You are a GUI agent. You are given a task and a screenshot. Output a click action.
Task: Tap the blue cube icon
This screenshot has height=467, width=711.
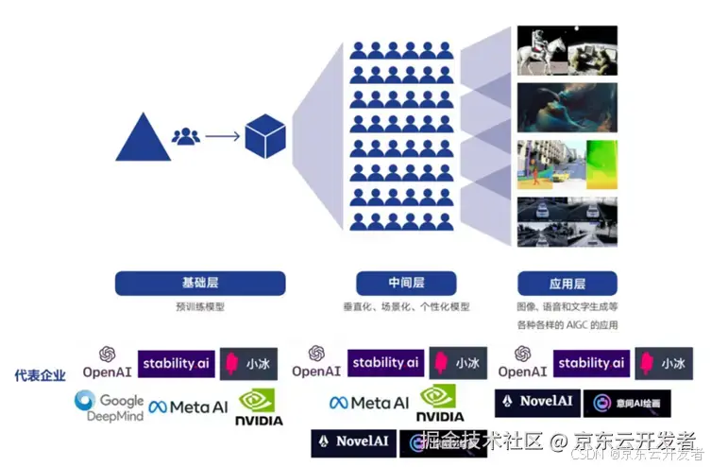click(265, 136)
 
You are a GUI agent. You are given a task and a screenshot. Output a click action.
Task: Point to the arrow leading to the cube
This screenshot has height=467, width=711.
click(222, 136)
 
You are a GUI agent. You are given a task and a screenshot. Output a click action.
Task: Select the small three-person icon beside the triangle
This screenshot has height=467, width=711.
click(186, 136)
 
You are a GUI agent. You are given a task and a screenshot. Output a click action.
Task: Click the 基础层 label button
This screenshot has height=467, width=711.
click(199, 283)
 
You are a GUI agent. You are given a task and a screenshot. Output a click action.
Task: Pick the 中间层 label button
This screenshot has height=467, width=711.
click(405, 283)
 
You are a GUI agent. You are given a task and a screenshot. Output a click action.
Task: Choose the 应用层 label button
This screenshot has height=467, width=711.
click(567, 283)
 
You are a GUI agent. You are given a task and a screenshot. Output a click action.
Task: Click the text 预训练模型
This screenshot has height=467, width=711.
click(199, 306)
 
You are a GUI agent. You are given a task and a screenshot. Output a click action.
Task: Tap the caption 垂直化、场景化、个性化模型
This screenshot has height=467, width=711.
click(405, 306)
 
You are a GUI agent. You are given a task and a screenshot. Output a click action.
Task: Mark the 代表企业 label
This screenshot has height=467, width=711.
click(40, 375)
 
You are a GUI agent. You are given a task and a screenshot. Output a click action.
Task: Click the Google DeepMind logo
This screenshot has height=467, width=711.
click(109, 406)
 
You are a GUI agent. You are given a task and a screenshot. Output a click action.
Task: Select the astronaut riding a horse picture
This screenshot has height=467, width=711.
click(567, 50)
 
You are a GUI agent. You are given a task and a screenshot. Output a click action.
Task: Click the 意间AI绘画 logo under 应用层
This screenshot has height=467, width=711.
click(626, 403)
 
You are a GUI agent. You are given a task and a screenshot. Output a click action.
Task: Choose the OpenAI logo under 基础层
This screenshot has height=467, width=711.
click(107, 363)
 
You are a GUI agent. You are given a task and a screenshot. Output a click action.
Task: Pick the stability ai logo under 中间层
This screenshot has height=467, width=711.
click(384, 362)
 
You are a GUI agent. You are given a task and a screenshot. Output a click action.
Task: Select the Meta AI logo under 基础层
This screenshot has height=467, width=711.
click(188, 406)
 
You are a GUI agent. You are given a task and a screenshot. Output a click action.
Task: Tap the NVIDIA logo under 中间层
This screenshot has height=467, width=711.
click(440, 404)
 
